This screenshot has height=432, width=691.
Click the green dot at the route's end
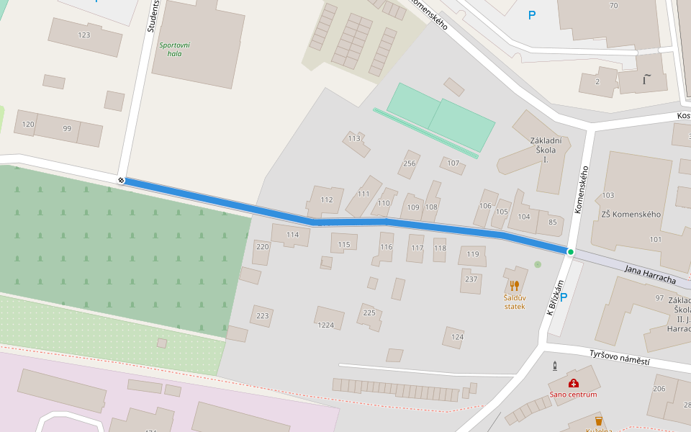(x=571, y=252)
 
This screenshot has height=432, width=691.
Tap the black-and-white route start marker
(x=121, y=180)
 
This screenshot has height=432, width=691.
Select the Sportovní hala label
(x=174, y=49)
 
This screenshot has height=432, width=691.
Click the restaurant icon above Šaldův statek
(x=514, y=285)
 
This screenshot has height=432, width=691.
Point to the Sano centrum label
(x=573, y=394)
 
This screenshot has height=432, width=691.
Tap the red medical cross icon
(x=574, y=383)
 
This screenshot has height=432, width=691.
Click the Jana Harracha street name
(x=649, y=274)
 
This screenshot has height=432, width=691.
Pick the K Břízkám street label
(x=554, y=297)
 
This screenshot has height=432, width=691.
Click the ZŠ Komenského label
(x=630, y=215)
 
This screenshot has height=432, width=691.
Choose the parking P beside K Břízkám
(x=564, y=297)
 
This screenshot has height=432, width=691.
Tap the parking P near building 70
(x=532, y=14)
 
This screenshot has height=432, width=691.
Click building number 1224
(x=326, y=325)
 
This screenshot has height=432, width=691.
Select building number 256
(x=410, y=163)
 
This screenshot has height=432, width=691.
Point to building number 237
(x=471, y=279)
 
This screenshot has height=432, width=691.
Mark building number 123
(x=84, y=35)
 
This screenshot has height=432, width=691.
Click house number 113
(x=353, y=138)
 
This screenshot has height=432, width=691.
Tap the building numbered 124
(x=457, y=337)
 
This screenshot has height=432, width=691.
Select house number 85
(x=553, y=222)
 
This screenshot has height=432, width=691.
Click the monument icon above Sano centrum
(x=554, y=366)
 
